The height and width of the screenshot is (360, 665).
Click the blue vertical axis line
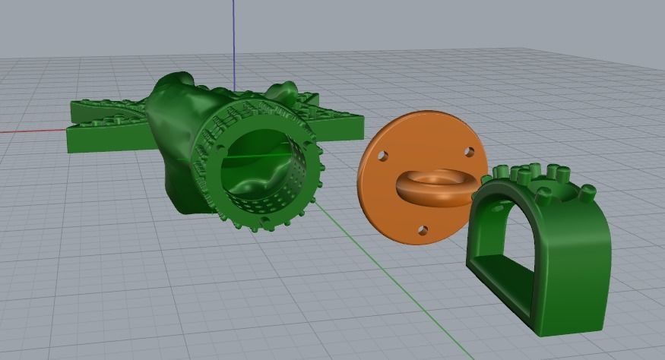point(234,38)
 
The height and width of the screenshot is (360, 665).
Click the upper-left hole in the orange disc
point(383,156)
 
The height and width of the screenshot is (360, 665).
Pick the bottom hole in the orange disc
point(423,230)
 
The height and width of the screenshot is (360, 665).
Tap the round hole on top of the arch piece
point(545,187)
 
